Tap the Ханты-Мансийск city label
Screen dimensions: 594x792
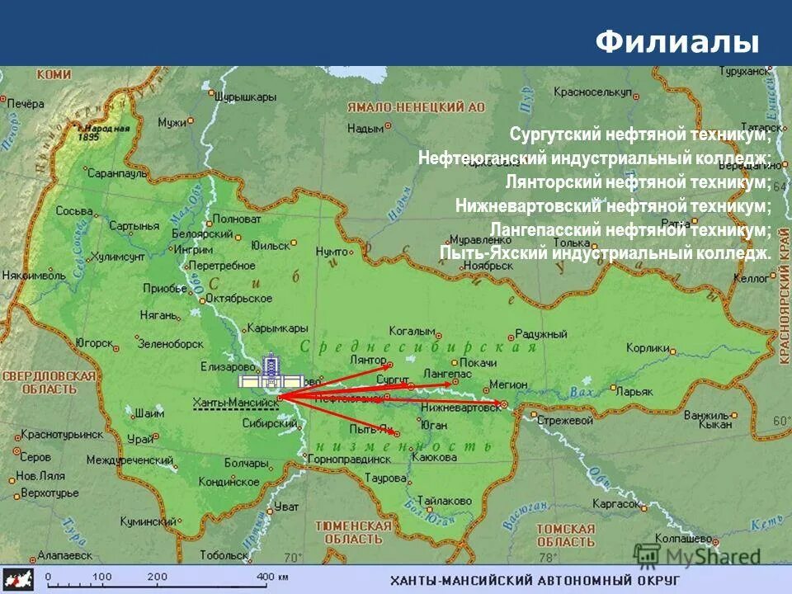pos(235,403)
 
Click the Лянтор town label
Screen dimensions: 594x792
pos(368,361)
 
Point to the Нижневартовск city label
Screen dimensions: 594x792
pos(460,408)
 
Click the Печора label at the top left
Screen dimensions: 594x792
pos(26,103)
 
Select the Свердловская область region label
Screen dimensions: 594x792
pos(49,381)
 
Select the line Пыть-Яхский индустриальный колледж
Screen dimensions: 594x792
pos(606,253)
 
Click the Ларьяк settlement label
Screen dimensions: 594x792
pos(634,391)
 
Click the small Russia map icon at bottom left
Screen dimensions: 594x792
pos(18,577)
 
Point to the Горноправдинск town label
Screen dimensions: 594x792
pos(352,459)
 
